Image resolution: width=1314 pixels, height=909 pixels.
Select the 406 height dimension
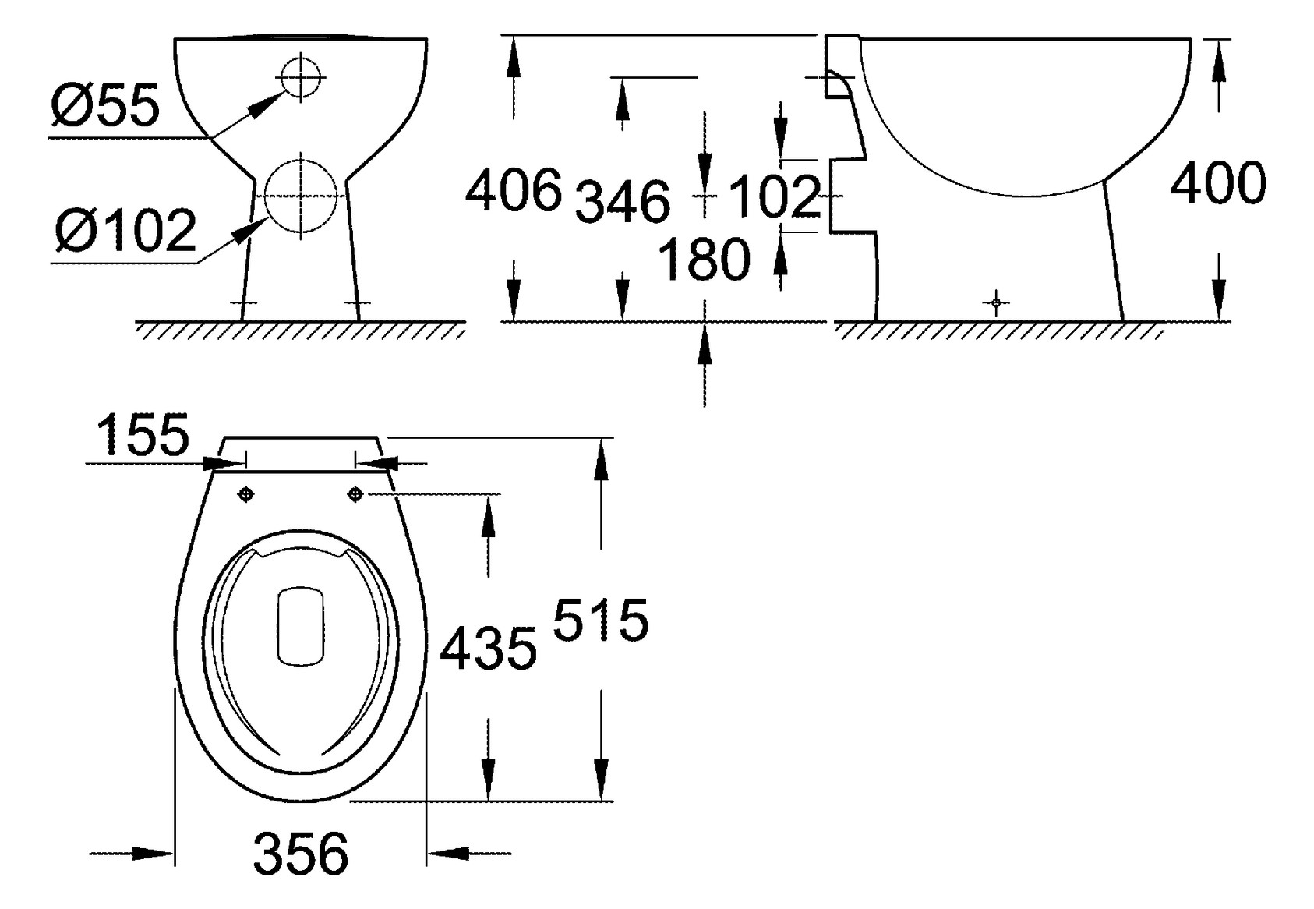coord(513,189)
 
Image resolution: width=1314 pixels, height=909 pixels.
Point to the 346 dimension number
coord(622,201)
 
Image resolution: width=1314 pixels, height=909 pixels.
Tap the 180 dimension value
coord(704,260)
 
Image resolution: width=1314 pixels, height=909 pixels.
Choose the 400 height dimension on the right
coord(1218,185)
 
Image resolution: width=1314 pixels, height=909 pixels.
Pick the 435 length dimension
coord(489,648)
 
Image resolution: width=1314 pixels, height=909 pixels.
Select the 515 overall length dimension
coord(601,621)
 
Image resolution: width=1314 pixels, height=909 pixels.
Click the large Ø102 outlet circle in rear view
coord(301,196)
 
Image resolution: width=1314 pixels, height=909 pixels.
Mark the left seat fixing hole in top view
coord(245,493)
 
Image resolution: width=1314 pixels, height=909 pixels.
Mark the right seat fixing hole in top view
coord(355,493)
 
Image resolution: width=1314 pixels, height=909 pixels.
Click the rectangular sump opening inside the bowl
coord(301,626)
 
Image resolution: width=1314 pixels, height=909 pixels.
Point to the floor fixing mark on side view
coord(995,302)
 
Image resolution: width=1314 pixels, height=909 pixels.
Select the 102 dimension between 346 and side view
coord(775,196)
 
